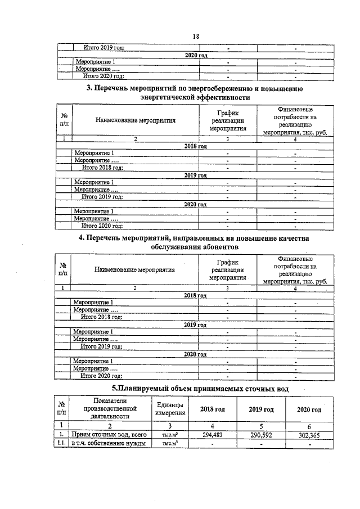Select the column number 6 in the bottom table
coord(309,426)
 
